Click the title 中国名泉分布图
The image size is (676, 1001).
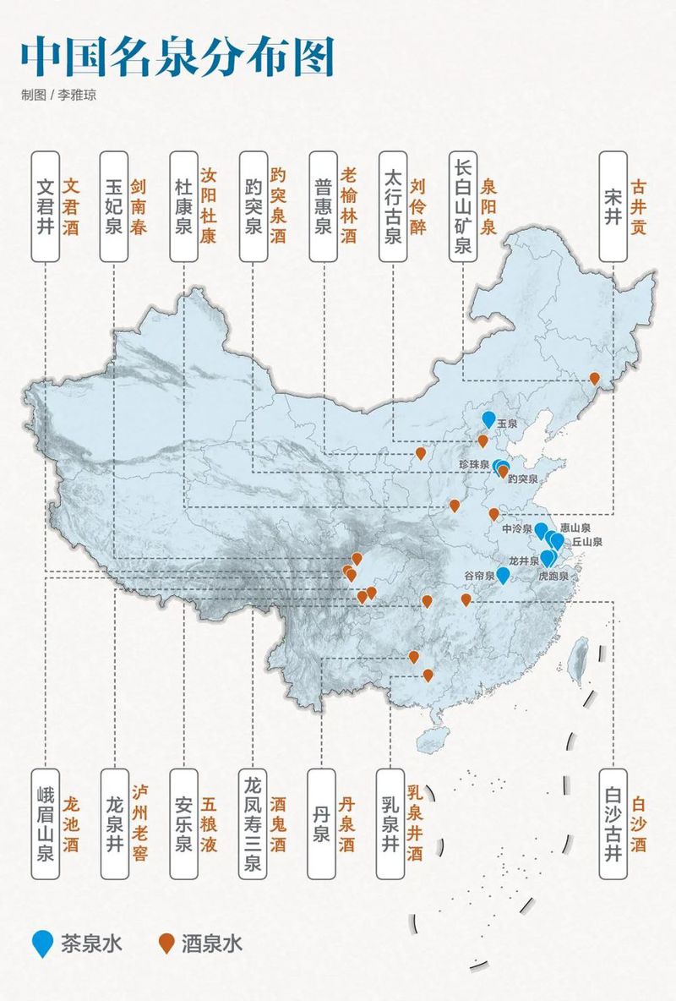click(x=177, y=57)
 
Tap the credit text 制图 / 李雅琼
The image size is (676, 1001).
click(x=58, y=95)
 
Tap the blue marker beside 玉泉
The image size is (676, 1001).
click(x=488, y=418)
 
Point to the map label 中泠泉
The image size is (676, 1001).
click(x=515, y=528)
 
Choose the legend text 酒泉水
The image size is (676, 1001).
click(x=211, y=944)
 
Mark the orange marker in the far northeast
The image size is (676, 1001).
click(x=594, y=378)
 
